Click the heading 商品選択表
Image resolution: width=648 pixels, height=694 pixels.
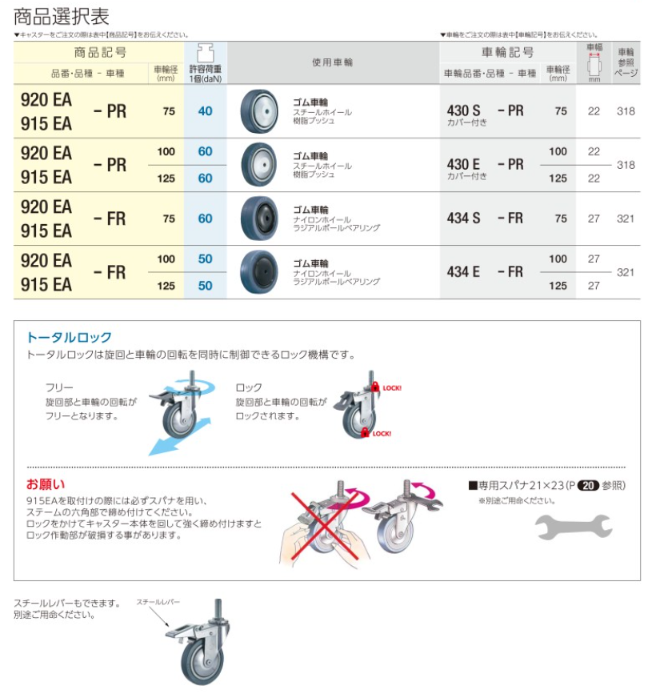coord(62,17)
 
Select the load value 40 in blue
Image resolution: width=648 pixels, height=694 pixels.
coord(206,111)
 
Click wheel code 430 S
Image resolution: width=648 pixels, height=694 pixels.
coord(463,110)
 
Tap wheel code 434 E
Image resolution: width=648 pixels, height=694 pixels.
coord(463,271)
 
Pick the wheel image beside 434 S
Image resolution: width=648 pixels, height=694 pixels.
coord(259,219)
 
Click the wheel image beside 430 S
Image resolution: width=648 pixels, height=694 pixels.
coord(259,111)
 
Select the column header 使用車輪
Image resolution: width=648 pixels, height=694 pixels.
coord(333,62)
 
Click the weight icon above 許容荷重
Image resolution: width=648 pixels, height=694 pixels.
coord(206,53)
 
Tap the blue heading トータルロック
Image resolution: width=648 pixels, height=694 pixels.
coord(69,337)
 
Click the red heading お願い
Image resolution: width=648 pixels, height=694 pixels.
coord(46,484)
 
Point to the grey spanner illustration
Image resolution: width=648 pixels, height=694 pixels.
coord(574,527)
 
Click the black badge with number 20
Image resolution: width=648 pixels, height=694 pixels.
coord(588,486)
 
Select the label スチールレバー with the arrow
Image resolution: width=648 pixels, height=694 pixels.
coord(158,602)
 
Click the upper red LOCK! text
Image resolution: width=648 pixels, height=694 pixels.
coord(392,388)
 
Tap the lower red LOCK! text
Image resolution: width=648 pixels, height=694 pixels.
coord(382,434)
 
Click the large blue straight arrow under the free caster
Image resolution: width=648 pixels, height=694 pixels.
coord(179,437)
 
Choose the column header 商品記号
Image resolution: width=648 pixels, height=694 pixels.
coord(101,53)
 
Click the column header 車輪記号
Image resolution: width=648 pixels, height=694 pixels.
coord(507,52)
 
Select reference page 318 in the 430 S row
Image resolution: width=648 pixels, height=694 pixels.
coord(626,111)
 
